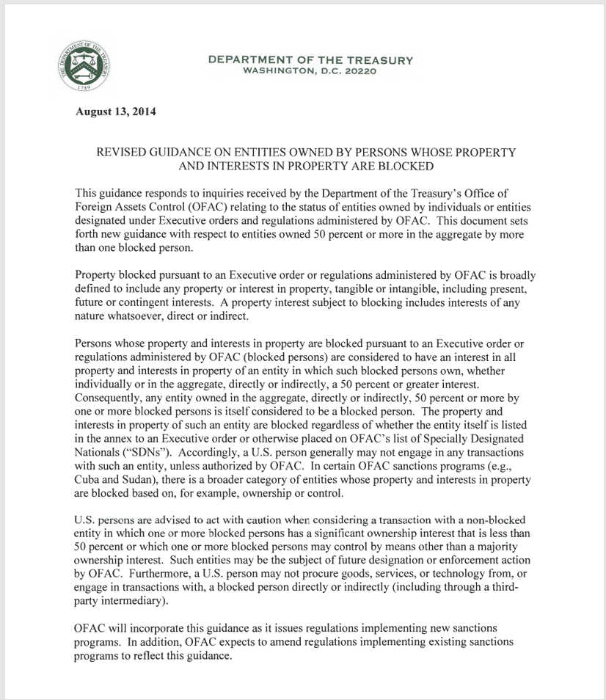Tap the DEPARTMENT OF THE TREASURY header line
point(310,60)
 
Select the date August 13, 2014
point(115,112)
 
